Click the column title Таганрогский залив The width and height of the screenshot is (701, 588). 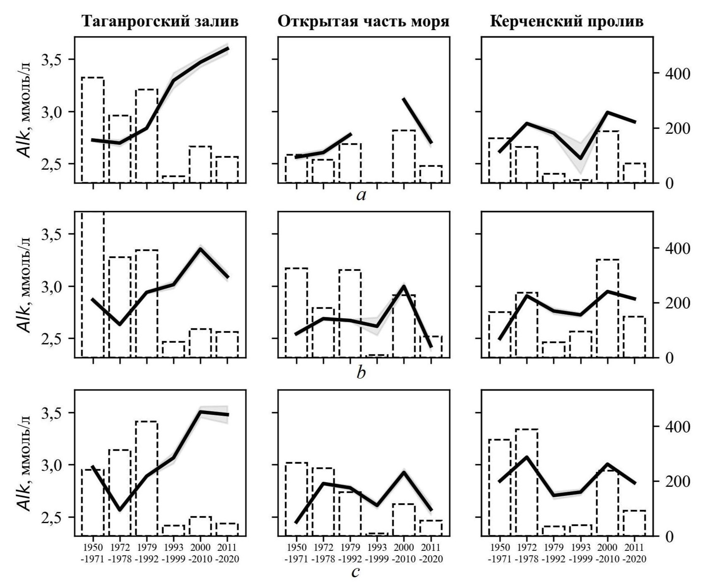tap(160, 21)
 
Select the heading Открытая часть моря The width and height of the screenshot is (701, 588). tap(363, 21)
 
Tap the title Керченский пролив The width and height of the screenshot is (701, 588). tap(567, 21)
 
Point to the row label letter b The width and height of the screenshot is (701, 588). tap(361, 373)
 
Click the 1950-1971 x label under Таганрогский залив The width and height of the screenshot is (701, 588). tap(93, 552)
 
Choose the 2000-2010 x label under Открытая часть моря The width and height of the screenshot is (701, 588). tap(404, 552)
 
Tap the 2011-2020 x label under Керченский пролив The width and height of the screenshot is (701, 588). tap(634, 552)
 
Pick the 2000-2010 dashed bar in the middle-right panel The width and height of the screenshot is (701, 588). tap(607, 308)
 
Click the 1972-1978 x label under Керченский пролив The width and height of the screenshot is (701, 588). tap(526, 552)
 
